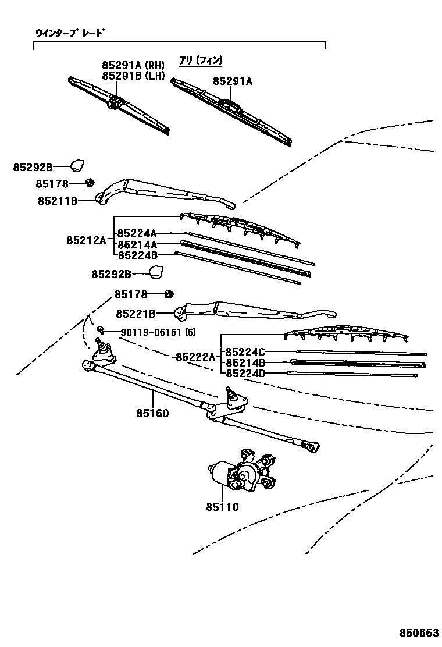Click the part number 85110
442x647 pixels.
[222, 507]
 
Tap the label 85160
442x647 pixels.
[152, 414]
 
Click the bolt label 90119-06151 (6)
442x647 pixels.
[158, 332]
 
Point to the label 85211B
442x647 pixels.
[58, 201]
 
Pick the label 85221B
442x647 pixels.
[136, 314]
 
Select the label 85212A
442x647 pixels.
[86, 240]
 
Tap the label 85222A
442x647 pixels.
[195, 357]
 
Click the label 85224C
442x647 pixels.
[245, 352]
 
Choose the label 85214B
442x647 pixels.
[245, 362]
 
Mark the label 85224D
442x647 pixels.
[245, 373]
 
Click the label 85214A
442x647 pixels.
[137, 245]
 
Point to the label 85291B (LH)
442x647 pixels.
[133, 76]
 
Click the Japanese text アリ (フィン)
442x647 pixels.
[201, 61]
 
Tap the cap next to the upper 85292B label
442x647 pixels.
[78, 165]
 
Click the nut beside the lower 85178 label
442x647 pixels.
[169, 294]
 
